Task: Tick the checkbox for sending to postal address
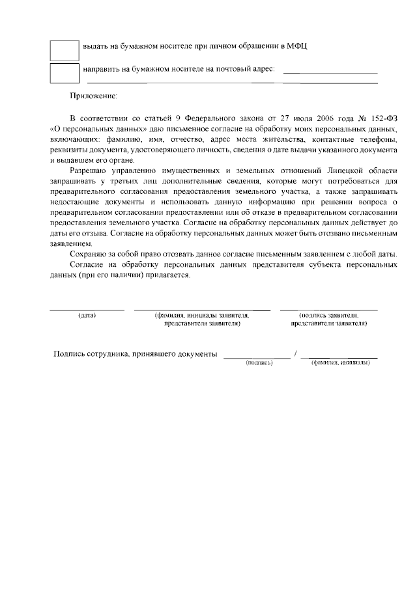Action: coord(64,73)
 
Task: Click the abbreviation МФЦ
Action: coord(298,46)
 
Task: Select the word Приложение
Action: coord(94,96)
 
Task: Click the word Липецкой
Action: coord(348,171)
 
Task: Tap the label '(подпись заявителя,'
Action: coord(329,315)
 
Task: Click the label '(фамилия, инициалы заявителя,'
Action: coord(202,315)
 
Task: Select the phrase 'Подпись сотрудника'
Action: coord(92,354)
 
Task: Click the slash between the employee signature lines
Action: coord(296,353)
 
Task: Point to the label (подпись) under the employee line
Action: coord(259,362)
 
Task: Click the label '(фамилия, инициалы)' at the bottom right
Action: coord(341,362)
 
